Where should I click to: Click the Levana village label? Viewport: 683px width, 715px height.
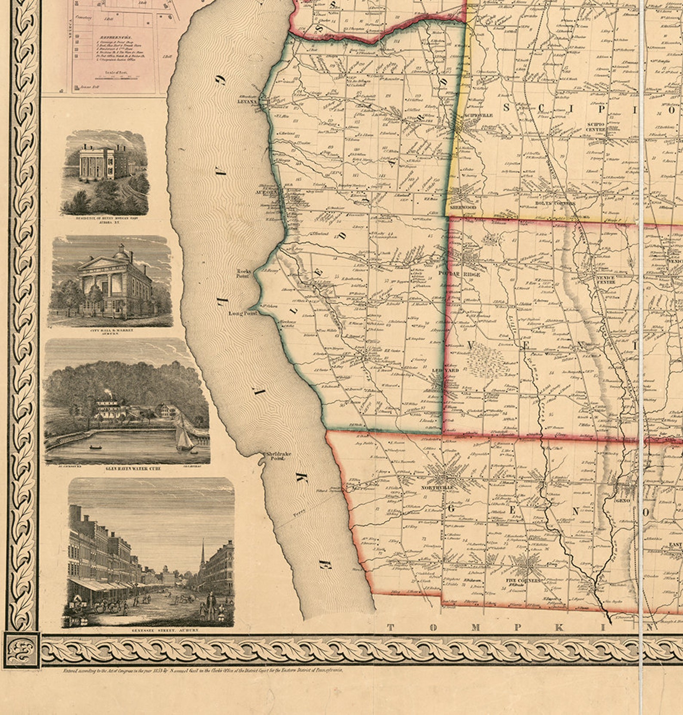tap(247, 102)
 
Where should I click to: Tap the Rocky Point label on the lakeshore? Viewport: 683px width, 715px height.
tap(243, 273)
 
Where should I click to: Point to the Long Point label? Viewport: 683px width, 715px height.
tap(243, 313)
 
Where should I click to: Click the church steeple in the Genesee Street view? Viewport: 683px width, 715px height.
tap(203, 555)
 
